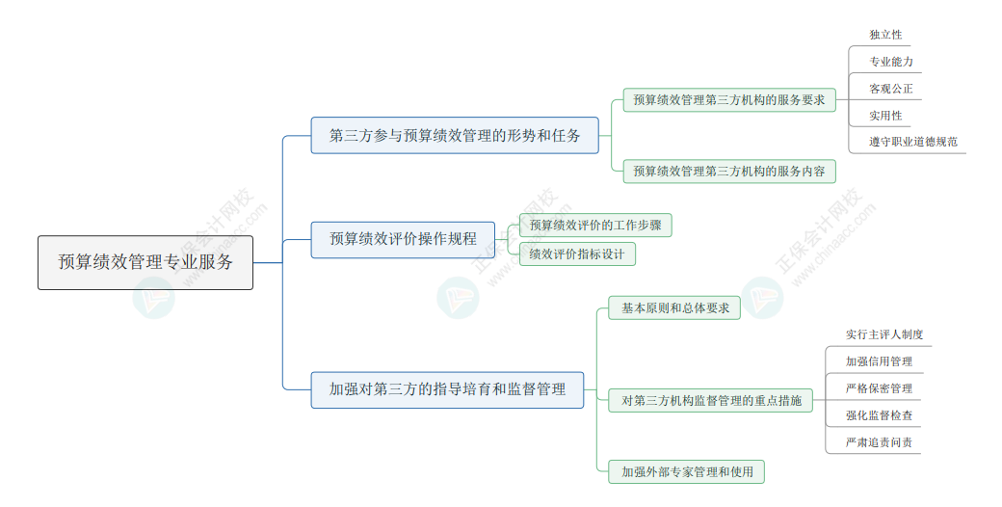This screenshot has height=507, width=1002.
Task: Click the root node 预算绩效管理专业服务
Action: point(145,262)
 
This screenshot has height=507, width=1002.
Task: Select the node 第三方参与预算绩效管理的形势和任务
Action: point(455,135)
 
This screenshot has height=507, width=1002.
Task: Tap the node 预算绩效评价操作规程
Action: point(403,239)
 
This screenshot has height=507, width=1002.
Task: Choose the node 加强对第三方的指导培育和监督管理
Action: point(447,389)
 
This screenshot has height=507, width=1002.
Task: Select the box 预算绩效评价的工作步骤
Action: point(594,226)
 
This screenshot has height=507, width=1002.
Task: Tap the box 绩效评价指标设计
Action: point(576,254)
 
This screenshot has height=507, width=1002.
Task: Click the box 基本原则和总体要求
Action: point(674,308)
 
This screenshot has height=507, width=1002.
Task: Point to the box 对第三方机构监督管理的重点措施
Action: point(711,400)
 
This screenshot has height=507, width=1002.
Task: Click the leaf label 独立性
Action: point(885,35)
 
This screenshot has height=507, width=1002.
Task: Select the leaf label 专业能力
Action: point(890,62)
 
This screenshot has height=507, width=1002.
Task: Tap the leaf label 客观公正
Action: point(890,89)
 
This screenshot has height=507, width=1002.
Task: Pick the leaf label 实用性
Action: point(885,116)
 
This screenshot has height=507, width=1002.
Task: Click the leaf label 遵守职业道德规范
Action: point(912,143)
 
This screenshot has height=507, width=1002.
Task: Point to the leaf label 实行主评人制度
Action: point(884,334)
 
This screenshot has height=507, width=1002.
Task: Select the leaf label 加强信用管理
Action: point(879,361)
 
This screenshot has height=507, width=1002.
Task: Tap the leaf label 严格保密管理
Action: point(879,388)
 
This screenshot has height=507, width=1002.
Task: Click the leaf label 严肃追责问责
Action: point(879,443)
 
